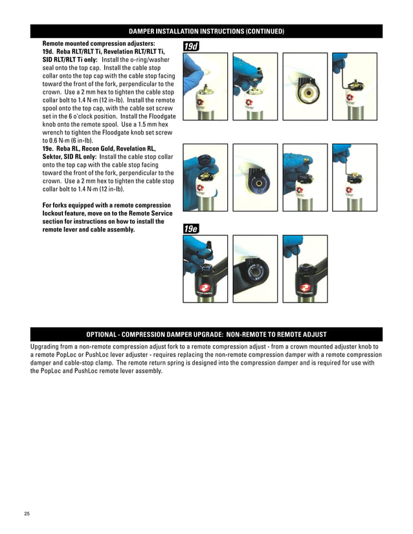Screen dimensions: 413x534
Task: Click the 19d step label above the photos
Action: (191, 47)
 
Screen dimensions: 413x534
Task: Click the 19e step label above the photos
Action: (191, 229)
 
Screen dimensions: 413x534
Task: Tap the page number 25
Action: (27, 513)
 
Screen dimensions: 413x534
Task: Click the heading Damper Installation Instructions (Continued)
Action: (206, 31)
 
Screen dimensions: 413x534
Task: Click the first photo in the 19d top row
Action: (205, 87)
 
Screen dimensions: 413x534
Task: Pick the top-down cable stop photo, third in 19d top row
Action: (305, 87)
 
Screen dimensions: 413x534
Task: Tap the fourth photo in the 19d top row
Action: (355, 87)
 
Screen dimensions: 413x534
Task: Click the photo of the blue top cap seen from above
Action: (255, 177)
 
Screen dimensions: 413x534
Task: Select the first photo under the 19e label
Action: (205, 269)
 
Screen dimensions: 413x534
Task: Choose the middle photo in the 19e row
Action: (255, 269)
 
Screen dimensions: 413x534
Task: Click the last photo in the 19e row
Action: (305, 269)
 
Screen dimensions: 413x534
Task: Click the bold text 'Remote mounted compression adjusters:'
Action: (98, 43)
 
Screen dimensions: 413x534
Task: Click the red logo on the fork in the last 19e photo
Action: (305, 288)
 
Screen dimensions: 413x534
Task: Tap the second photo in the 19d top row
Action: (255, 87)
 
